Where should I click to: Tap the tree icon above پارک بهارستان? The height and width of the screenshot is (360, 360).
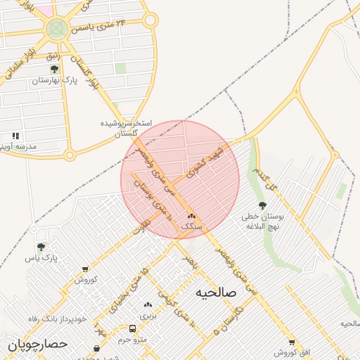click(54, 70)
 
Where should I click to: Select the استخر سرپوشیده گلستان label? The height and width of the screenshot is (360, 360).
click(126, 127)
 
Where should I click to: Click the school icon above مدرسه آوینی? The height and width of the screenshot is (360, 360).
click(15, 136)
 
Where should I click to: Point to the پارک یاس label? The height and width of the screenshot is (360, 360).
click(40, 258)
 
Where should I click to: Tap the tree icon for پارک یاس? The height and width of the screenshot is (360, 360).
click(41, 247)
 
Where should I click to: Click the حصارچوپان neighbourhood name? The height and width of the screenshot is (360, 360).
click(37, 345)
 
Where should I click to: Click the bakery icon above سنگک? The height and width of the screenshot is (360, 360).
click(191, 217)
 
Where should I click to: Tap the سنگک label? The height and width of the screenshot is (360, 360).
click(191, 227)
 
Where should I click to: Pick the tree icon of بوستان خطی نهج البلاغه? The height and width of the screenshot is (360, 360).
click(262, 206)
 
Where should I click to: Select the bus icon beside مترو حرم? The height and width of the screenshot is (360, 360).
click(133, 329)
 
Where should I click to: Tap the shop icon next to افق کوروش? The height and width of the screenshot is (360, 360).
click(291, 342)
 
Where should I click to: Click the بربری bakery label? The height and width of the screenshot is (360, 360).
click(148, 316)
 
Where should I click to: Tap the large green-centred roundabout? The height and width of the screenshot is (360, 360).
click(56, 30)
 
